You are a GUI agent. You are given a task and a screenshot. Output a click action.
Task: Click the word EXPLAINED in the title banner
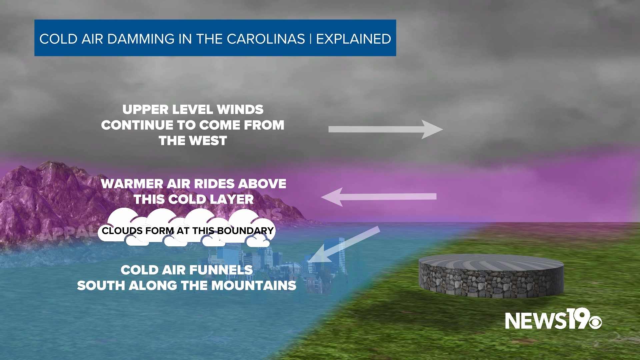coord(353,39)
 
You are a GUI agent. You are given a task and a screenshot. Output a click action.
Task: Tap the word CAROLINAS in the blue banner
coord(266,39)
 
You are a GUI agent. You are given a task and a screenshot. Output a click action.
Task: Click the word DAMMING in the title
coord(141,39)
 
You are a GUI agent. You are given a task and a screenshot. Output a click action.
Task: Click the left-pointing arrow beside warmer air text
coord(378,197)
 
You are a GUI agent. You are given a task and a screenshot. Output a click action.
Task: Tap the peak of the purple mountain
coord(50,164)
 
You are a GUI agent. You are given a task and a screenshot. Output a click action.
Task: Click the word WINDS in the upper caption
coord(240,109)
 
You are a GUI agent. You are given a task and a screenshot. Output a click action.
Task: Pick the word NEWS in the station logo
coord(535,321)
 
